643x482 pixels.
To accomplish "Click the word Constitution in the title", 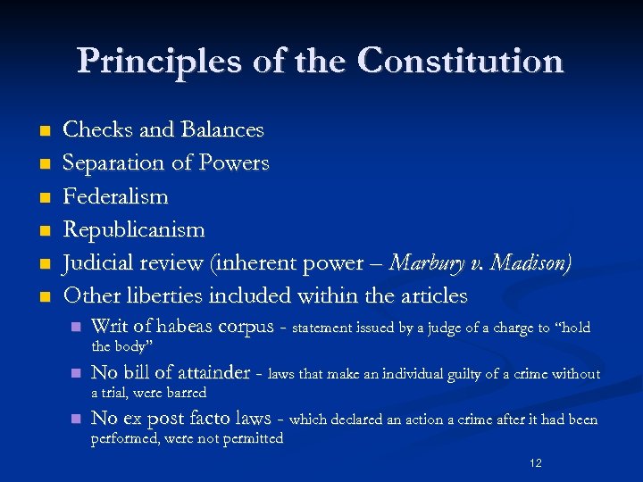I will (x=461, y=62).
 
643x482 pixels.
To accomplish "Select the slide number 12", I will (x=536, y=463).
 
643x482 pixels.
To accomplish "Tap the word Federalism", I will (x=115, y=195).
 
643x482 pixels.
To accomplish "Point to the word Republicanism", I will (x=134, y=229).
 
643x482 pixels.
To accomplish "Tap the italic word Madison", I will (x=527, y=262).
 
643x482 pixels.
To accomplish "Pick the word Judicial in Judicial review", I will (x=100, y=262).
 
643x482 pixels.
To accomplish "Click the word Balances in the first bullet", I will (x=222, y=129).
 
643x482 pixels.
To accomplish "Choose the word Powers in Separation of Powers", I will (x=236, y=162).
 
